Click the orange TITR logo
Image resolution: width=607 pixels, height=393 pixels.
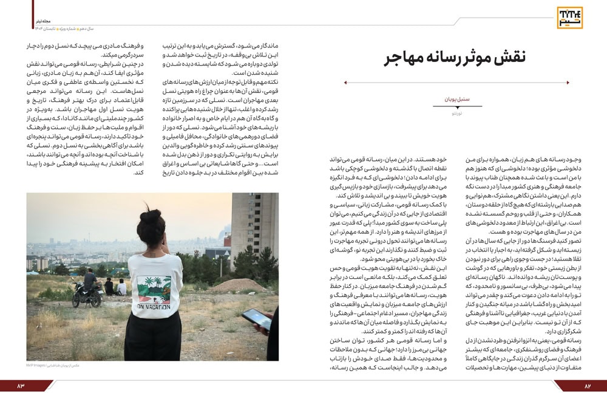coord(569,18)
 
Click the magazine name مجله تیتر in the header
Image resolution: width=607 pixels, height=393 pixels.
coord(42,20)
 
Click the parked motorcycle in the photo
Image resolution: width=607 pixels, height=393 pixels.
coord(83,295)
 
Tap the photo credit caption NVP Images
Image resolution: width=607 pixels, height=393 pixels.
coord(53,366)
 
